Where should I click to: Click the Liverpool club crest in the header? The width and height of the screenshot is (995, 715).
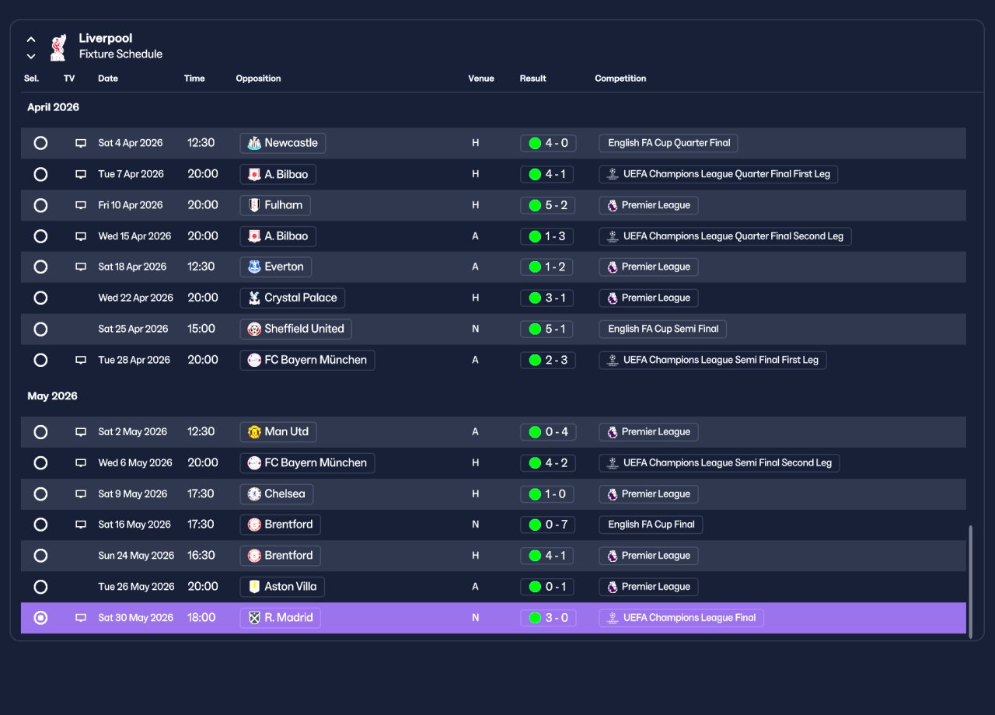click(58, 47)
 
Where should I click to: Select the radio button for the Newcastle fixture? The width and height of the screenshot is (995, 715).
click(40, 143)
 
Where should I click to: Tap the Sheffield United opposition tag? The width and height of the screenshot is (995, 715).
click(296, 329)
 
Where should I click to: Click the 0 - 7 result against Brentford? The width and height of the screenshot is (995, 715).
click(548, 525)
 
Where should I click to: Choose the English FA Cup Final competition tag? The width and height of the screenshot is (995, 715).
click(651, 525)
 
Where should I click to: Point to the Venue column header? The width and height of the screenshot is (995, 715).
click(481, 78)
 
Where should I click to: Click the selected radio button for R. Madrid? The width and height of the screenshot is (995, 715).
click(40, 618)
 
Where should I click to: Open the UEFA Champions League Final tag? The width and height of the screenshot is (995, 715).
click(682, 618)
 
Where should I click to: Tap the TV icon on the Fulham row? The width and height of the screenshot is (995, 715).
click(80, 205)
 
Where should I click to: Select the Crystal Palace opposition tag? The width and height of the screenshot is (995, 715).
click(292, 298)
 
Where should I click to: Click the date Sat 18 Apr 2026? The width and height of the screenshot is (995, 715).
click(132, 267)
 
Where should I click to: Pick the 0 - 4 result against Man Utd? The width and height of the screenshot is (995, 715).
click(548, 431)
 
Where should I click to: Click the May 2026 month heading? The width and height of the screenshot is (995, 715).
click(52, 396)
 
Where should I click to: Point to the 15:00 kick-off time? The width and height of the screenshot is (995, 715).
click(201, 329)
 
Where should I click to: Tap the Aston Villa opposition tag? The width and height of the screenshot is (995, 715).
click(282, 587)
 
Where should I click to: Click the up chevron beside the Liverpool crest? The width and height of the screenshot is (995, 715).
click(30, 40)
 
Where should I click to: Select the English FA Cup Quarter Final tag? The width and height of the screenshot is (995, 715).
click(669, 143)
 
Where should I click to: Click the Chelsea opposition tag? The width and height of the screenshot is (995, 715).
click(276, 494)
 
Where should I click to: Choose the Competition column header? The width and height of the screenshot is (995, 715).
click(620, 78)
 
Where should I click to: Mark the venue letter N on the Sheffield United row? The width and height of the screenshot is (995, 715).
click(475, 329)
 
